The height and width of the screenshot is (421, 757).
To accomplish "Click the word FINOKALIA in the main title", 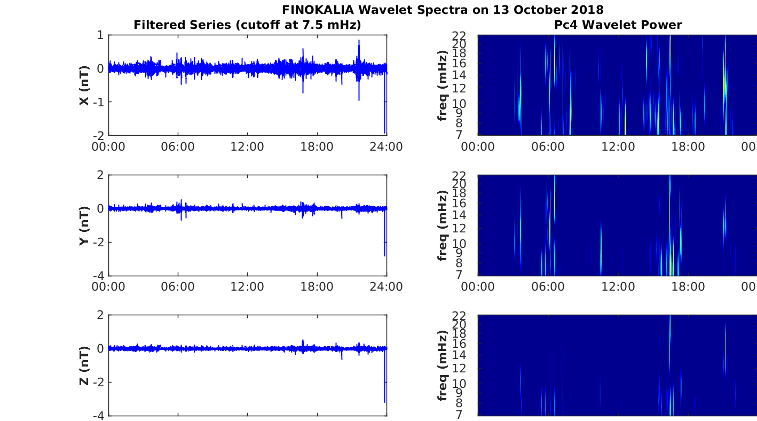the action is click(x=318, y=10).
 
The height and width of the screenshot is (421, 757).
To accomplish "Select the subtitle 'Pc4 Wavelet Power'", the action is click(x=618, y=25).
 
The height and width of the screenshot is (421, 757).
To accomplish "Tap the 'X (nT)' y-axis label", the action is click(x=84, y=85).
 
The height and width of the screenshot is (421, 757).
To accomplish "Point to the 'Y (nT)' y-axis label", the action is click(x=84, y=225).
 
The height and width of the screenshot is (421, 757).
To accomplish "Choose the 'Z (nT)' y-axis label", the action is click(x=84, y=366).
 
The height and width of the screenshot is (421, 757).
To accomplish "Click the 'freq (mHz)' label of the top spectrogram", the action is click(x=442, y=85).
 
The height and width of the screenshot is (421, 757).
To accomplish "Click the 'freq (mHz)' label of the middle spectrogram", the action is click(x=442, y=225).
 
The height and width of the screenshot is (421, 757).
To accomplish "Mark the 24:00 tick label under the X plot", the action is click(x=387, y=147).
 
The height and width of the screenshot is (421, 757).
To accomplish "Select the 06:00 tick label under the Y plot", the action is click(x=178, y=287).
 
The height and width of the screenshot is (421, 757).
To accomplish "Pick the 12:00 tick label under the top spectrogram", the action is click(x=618, y=147).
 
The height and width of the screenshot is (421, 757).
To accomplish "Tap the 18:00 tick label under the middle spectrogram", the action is click(x=688, y=287).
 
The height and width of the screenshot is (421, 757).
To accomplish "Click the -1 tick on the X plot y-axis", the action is click(x=98, y=102).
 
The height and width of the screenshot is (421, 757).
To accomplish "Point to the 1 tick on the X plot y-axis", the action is click(x=100, y=35).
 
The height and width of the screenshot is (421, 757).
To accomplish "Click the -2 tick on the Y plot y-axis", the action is click(x=98, y=243).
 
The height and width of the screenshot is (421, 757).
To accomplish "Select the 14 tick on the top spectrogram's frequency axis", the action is click(x=459, y=75).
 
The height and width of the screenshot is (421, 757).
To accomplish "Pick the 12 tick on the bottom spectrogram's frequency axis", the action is click(x=459, y=369).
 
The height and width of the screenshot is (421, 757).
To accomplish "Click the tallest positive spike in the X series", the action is click(x=359, y=40).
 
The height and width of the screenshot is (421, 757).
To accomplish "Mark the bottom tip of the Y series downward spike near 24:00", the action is click(x=384, y=256).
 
